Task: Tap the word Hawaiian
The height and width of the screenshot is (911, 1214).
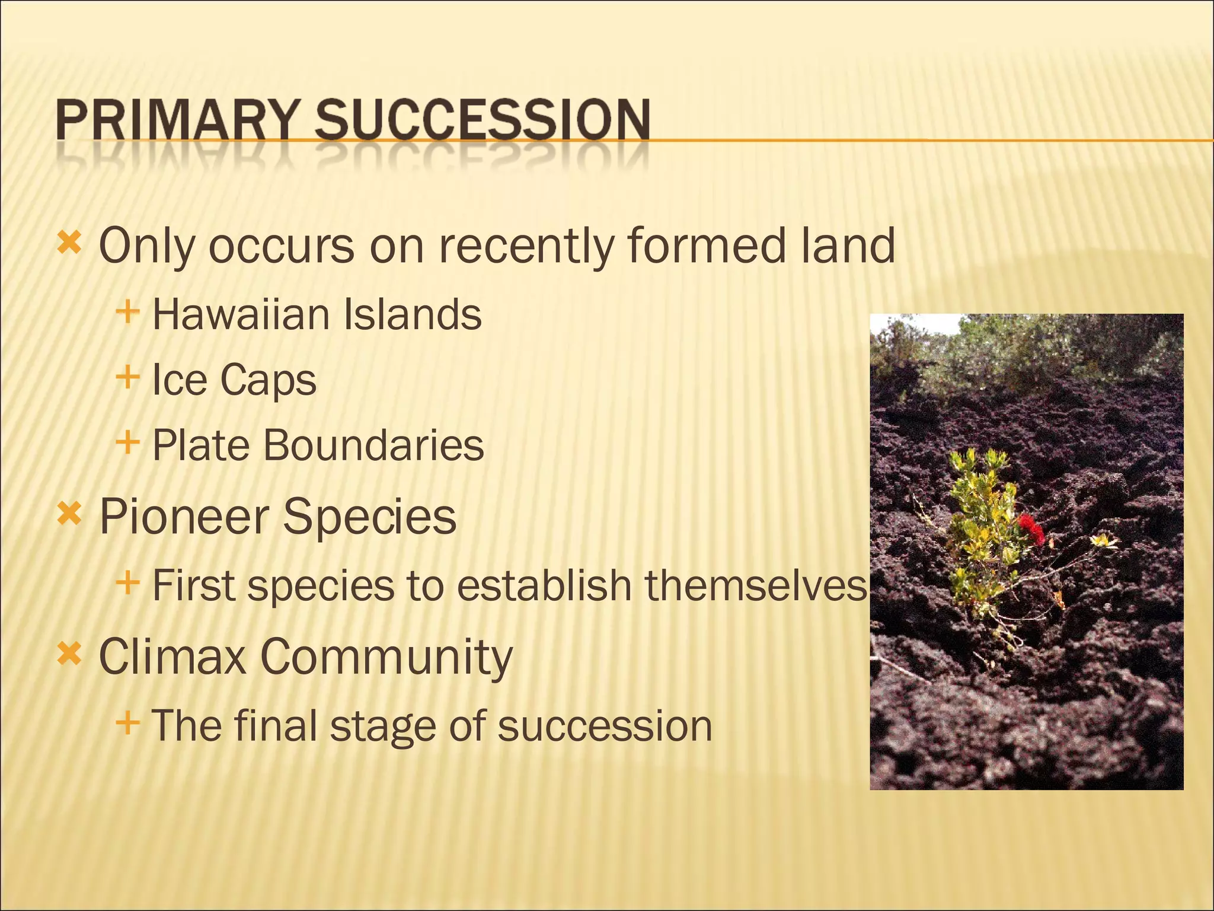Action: click(x=241, y=314)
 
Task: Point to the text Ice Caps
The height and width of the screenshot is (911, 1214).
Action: click(x=234, y=380)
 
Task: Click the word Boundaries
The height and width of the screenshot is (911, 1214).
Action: click(x=373, y=445)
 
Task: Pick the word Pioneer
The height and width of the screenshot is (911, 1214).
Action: click(x=183, y=516)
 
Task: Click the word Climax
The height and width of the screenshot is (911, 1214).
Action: click(x=172, y=657)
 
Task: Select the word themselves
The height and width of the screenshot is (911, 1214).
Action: click(x=756, y=585)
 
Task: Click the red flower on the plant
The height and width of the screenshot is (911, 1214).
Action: click(x=1029, y=524)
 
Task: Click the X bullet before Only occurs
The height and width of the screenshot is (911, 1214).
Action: click(x=69, y=243)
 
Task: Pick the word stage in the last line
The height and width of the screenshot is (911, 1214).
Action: click(x=383, y=726)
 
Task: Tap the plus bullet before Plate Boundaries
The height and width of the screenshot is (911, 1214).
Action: click(x=127, y=442)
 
